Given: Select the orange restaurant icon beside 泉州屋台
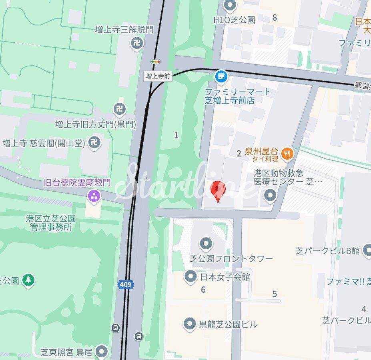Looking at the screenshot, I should (287, 153).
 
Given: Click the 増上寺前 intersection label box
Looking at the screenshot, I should (158, 76).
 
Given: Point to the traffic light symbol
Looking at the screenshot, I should (155, 62).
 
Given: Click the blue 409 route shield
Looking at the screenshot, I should (126, 285).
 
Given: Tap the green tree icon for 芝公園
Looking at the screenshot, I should (28, 280).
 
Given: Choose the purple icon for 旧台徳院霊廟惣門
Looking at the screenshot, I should (94, 196).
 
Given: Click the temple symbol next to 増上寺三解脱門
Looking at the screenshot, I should (137, 43).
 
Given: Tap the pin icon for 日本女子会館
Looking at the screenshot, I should (190, 276).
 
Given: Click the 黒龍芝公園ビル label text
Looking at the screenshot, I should (228, 324).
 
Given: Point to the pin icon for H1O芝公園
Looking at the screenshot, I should (230, 6).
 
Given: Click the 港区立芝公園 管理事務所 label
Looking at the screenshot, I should (51, 223).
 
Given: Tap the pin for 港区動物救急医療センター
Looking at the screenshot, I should (271, 196).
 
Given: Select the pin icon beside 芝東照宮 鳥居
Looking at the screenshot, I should (102, 352).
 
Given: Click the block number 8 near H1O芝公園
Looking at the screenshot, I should (275, 17).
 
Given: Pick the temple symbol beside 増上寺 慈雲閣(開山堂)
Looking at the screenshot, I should (94, 142).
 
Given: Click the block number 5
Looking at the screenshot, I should (275, 294).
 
